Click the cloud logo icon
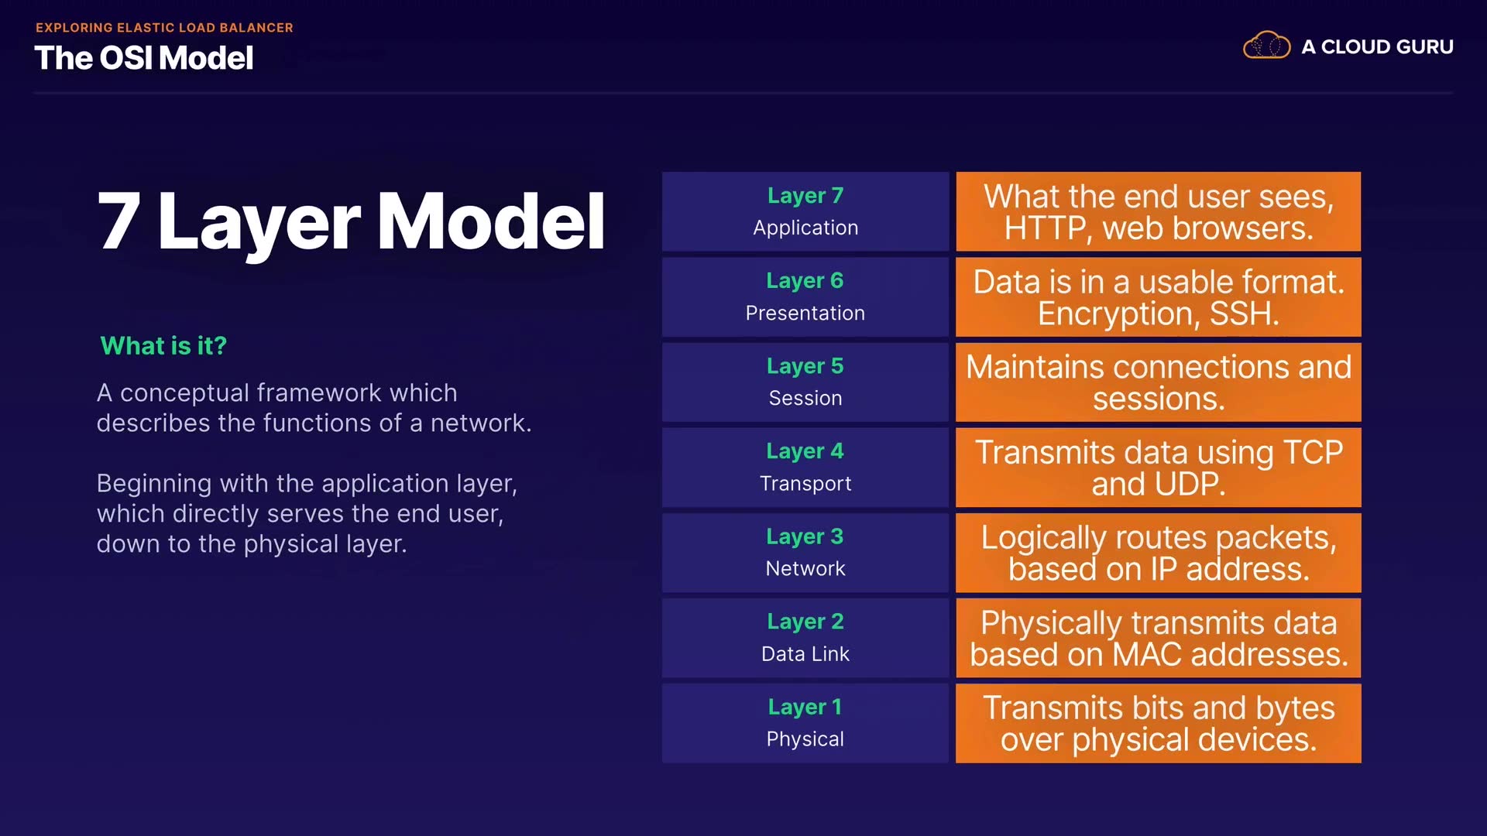coord(1266,46)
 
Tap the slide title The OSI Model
coord(144,58)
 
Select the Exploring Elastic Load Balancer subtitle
coord(164,28)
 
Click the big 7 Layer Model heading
coord(351,221)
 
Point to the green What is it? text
coord(163,345)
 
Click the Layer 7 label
coord(805,196)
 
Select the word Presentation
coord(805,313)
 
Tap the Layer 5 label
coord(805,366)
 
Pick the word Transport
coord(805,484)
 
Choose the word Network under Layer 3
coord(805,568)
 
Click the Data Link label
coord(805,654)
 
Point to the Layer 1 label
coord(805,707)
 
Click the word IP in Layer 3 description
coord(1164,570)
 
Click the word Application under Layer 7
coord(805,228)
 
